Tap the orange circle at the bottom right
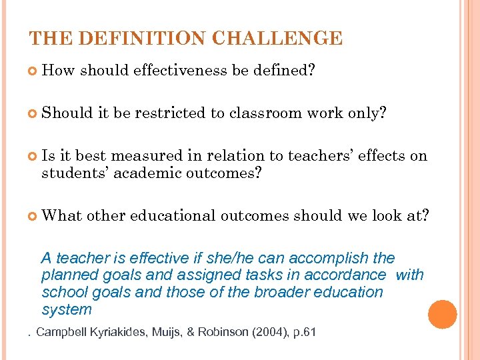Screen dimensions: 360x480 point(443,314)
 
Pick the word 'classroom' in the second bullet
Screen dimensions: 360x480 point(265,113)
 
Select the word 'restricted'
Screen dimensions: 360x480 point(170,113)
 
